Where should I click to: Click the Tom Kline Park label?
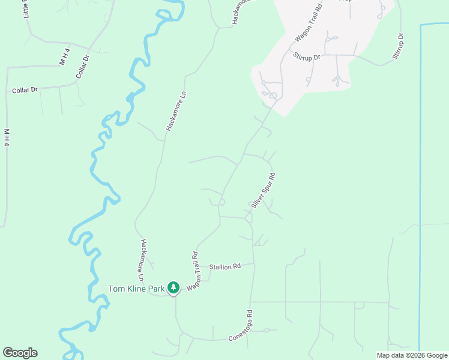coord(136,289)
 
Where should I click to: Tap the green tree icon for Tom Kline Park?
coord(173,289)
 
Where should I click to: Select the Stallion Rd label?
coord(224,266)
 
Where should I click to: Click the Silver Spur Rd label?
coord(264,191)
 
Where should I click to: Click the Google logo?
coord(20,353)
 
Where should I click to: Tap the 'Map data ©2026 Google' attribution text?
coord(412,355)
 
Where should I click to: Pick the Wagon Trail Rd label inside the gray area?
coord(310,23)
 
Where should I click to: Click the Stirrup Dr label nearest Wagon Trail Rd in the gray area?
coord(307,56)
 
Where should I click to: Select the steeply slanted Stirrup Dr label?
coord(398,46)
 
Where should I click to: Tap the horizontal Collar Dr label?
coord(25,90)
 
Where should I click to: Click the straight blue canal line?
coord(420,180)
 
